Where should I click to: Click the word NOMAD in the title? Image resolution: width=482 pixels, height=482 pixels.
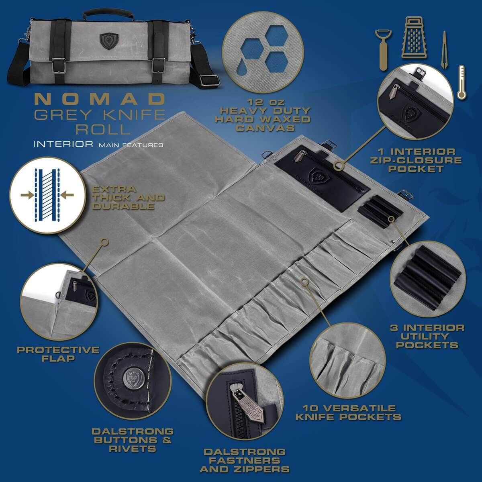[x=100, y=99]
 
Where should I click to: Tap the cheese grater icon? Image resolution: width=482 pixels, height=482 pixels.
[x=414, y=38]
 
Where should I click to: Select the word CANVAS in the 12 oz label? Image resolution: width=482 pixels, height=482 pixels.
[x=266, y=128]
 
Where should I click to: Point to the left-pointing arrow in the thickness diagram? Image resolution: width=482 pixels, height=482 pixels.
[x=67, y=195]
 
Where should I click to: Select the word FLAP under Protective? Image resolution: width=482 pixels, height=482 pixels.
[x=58, y=359]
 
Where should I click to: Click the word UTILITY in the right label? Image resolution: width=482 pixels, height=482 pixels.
[x=427, y=336]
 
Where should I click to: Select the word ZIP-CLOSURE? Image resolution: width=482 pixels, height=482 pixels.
[x=416, y=160]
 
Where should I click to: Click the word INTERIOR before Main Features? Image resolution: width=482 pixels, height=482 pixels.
[x=63, y=144]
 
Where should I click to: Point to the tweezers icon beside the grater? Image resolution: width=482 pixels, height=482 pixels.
[x=444, y=50]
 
